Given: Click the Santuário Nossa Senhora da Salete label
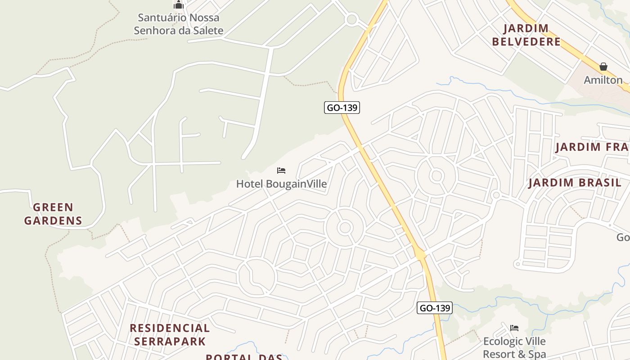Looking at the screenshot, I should pos(179,24).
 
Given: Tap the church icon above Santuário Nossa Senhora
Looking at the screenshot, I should pos(179,5).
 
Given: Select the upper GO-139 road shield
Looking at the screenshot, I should pos(342,108).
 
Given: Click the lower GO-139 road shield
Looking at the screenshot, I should pos(434,308).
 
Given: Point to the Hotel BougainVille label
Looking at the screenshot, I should pos(281,184).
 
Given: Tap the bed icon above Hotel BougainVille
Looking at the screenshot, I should pos(281,171).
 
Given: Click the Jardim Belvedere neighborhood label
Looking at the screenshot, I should pos(526,35).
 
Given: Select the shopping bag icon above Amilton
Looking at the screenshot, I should pos(603,67).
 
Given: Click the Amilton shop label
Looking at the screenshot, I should pos(603,80).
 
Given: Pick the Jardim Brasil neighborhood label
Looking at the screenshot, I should pos(575,183).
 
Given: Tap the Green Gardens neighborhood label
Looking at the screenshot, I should pos(53,214).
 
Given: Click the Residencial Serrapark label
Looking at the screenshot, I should pos(170,334).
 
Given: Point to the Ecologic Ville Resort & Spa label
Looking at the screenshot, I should pos(514,347).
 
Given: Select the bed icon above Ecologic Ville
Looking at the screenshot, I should pos(514,328).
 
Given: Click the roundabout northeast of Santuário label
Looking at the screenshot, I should pos(351,20).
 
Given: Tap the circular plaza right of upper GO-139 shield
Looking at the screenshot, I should pos(436,175).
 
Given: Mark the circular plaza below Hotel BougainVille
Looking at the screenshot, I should pos(345,228).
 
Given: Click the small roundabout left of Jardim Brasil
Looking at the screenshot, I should pos(496,195).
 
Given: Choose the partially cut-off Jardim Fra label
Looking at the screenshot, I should pos(592,147).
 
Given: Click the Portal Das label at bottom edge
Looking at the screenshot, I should pos(244,357).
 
